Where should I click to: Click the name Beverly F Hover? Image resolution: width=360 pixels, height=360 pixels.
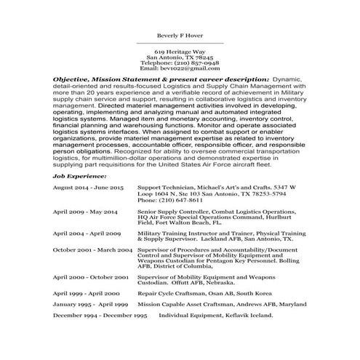[x=180, y=34]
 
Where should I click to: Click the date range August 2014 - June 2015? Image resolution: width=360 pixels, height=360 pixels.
[x=88, y=187]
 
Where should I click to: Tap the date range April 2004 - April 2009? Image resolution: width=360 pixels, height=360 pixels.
[x=87, y=234]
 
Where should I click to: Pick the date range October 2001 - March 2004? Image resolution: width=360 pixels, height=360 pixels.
[x=92, y=249]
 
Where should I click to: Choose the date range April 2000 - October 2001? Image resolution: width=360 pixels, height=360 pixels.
[x=91, y=277]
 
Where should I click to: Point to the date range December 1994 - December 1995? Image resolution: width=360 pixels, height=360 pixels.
[x=100, y=316]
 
